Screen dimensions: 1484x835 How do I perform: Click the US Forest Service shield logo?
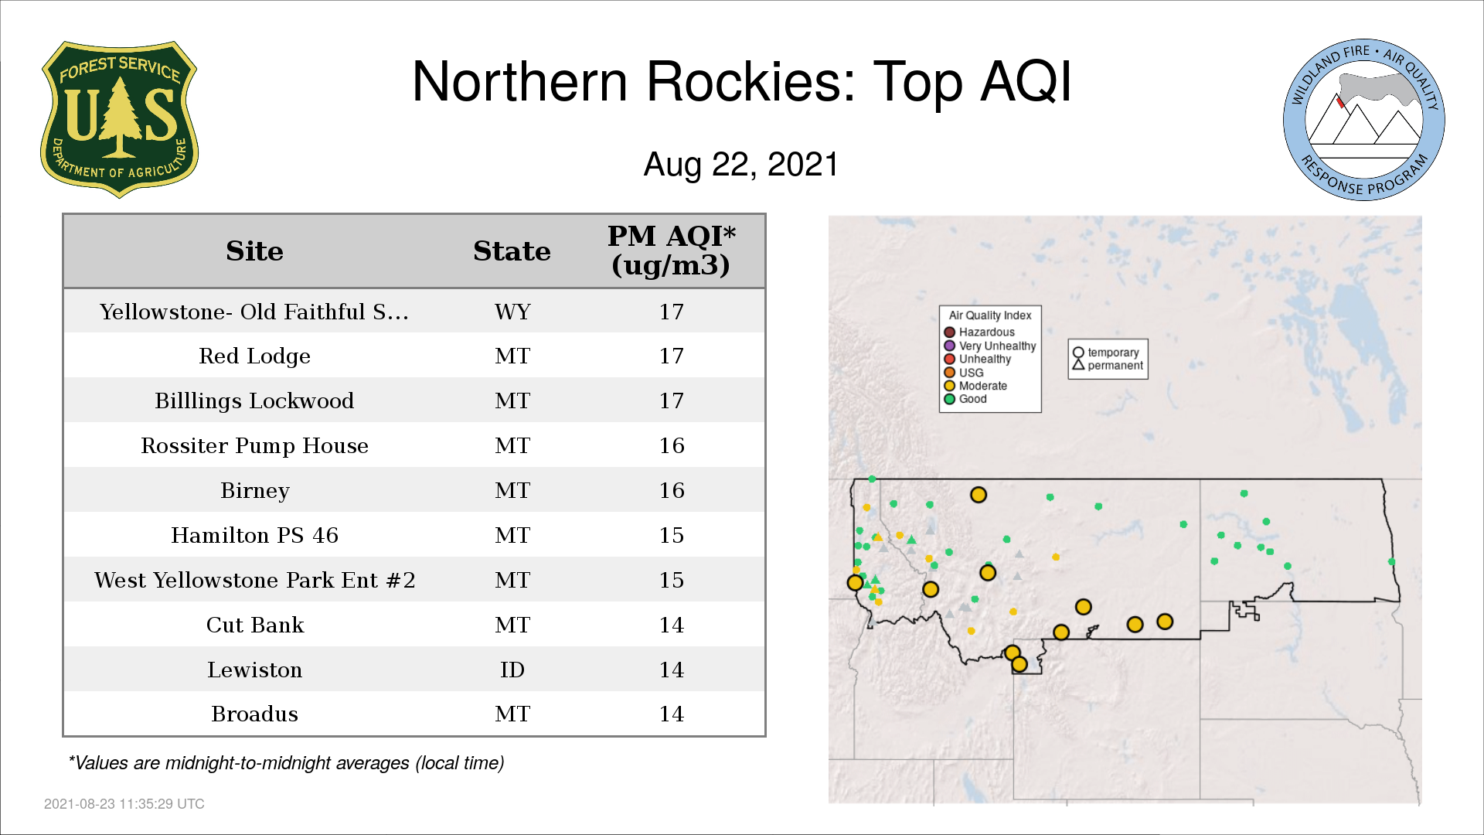pos(119,120)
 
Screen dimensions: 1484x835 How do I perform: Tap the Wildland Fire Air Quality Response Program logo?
pos(1364,120)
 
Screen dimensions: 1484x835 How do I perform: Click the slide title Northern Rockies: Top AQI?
pos(742,81)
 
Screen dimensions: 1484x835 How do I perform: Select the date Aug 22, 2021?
pos(741,165)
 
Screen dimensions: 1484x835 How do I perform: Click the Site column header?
pos(254,251)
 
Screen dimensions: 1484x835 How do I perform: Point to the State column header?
pos(512,251)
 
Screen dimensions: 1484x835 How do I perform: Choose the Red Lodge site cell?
pos(254,356)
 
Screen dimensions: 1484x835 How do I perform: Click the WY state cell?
pos(512,312)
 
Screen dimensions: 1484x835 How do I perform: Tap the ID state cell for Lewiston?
pos(512,670)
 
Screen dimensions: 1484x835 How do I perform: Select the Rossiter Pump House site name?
pos(254,446)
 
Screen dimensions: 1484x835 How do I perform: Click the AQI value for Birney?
pos(672,490)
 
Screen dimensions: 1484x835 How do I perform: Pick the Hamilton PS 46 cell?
pos(254,535)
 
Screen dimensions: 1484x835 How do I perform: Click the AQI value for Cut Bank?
pos(672,625)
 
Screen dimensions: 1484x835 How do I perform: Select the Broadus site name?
pos(254,714)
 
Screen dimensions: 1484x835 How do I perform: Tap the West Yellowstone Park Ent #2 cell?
pos(254,580)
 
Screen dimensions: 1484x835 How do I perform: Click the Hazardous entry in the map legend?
pos(979,332)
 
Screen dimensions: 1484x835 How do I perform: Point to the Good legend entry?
pos(965,399)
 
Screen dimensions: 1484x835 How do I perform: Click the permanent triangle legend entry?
pos(1108,366)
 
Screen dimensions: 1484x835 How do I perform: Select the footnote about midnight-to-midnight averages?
pos(286,763)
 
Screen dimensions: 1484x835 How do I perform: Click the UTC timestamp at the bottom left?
pos(124,804)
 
